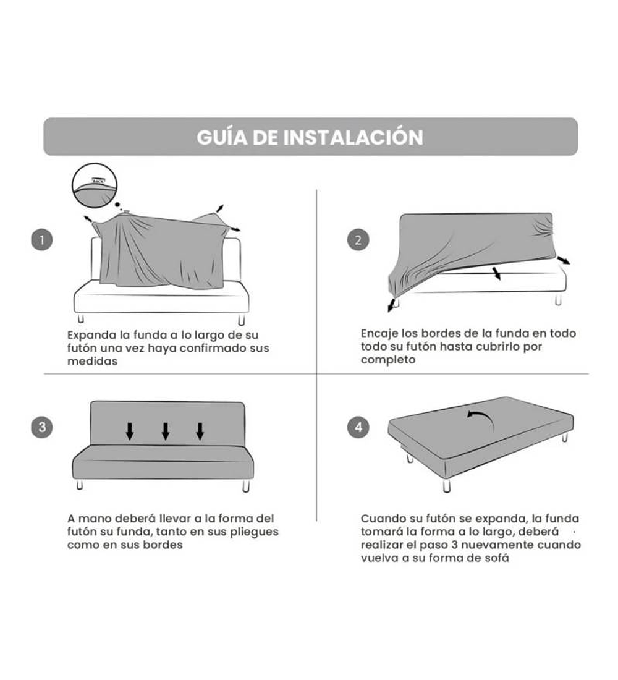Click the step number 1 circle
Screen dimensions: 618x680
(x=41, y=240)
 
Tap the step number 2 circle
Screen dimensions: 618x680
(x=358, y=240)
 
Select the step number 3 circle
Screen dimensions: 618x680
(x=41, y=427)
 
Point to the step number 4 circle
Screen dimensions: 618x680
(x=358, y=427)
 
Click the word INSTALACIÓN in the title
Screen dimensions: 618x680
(x=353, y=137)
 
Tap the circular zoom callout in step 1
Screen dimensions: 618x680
(x=95, y=185)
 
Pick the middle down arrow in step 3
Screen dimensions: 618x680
(x=165, y=431)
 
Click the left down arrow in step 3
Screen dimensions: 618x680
(x=130, y=431)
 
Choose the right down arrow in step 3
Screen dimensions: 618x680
(x=200, y=431)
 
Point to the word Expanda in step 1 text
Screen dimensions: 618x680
(x=92, y=335)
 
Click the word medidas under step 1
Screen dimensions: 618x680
(x=92, y=361)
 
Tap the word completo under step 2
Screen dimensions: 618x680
(x=387, y=360)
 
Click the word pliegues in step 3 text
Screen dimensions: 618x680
(x=254, y=532)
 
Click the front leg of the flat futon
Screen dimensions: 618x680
(x=447, y=485)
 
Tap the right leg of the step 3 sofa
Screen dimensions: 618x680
(x=246, y=486)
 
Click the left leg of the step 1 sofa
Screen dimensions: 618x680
(x=81, y=319)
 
